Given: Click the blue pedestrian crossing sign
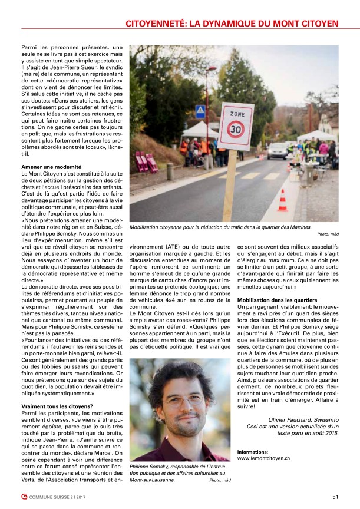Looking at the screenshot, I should pyautogui.click(x=200, y=111).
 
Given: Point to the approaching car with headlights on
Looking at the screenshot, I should pyautogui.click(x=278, y=150).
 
